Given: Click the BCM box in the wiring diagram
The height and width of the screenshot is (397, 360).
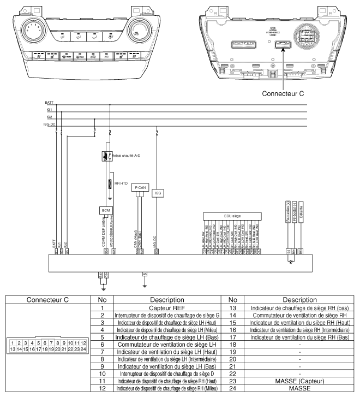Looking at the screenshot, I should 105,210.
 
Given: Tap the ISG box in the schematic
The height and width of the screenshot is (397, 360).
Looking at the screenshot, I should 158,193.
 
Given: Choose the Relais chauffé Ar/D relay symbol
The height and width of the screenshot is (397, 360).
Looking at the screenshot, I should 105,156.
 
